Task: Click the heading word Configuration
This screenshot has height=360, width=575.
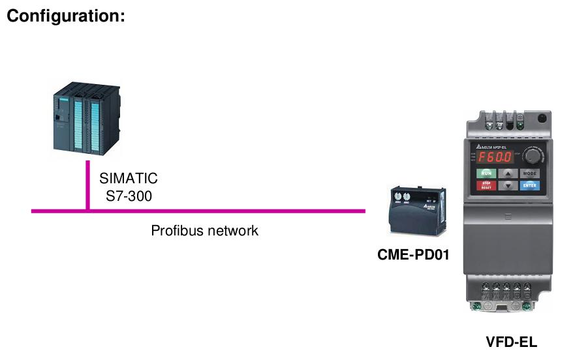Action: pyautogui.click(x=65, y=16)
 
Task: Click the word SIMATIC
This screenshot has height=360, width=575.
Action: pyautogui.click(x=129, y=179)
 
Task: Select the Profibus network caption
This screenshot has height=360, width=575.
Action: pyautogui.click(x=205, y=231)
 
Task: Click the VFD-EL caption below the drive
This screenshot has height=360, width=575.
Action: pyautogui.click(x=512, y=342)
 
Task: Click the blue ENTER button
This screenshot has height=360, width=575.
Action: pyautogui.click(x=530, y=186)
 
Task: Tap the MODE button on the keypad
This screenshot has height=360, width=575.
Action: pyautogui.click(x=530, y=173)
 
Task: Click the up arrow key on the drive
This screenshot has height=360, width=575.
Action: pyautogui.click(x=508, y=173)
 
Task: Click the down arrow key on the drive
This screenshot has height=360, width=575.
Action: pyautogui.click(x=508, y=186)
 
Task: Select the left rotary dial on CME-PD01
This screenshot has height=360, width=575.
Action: pyautogui.click(x=397, y=196)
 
